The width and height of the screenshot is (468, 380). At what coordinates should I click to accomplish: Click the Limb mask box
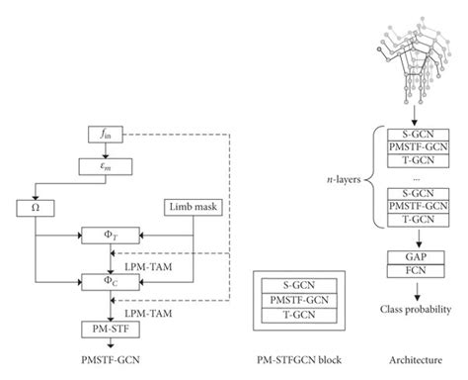193,207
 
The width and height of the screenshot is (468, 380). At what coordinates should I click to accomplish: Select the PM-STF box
106,326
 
